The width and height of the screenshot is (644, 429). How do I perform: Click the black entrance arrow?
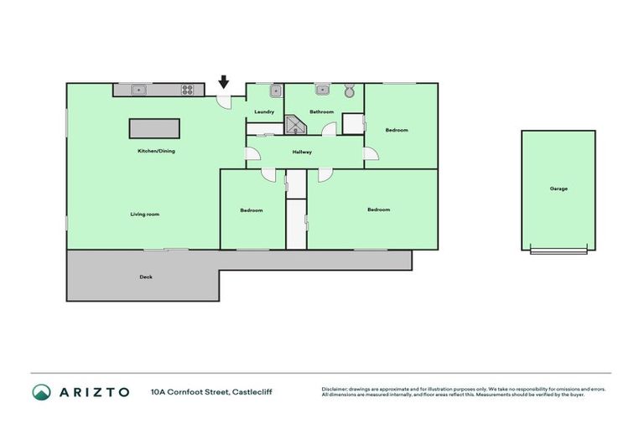224,81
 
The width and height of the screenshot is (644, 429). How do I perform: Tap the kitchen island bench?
153,128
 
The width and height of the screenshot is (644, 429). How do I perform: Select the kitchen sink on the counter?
140,89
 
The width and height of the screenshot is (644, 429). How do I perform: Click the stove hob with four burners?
189,89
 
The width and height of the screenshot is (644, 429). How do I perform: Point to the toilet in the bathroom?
350,90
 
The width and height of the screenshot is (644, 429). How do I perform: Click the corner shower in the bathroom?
297,125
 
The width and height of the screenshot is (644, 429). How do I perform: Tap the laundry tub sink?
274,90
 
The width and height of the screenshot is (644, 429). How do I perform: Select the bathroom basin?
321,89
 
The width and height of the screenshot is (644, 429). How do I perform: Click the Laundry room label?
264,111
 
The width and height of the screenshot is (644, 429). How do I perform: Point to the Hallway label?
302,152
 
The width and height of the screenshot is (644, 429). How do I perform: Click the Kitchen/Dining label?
156,151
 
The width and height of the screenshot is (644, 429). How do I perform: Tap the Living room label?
144,214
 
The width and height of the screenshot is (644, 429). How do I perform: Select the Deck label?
146,277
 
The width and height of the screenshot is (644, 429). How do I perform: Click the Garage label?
558,189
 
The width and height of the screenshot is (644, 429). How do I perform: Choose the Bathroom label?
321,111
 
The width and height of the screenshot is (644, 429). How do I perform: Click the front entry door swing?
225,100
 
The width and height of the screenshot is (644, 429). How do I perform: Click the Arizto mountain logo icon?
41,391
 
